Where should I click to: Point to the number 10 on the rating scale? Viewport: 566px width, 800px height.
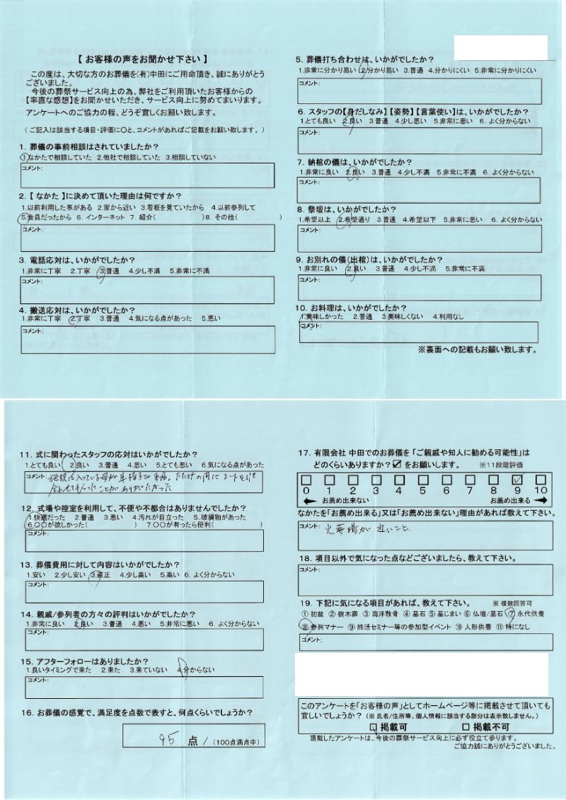click(540, 489)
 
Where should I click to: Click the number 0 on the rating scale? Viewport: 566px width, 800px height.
click(305, 489)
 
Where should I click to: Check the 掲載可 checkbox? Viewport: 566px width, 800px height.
click(374, 726)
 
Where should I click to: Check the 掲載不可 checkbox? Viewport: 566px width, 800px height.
click(465, 726)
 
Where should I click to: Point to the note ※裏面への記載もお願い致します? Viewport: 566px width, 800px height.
click(477, 349)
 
